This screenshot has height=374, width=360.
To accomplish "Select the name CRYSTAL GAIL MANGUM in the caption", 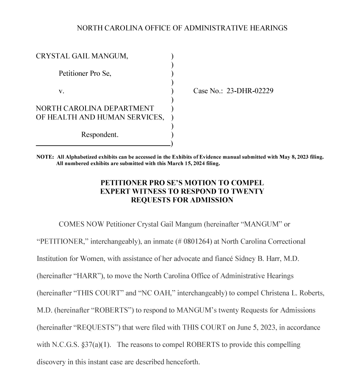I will [82, 56].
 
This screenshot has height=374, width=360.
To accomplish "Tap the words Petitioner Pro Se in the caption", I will [85, 73].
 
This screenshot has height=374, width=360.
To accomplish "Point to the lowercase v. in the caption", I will [61, 91].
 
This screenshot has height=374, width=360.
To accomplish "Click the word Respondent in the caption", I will [100, 135].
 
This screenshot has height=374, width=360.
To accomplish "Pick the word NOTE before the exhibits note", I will [44, 157].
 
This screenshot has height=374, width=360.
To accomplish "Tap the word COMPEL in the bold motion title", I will [243, 183].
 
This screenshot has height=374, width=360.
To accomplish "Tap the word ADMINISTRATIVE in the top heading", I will [211, 28].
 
